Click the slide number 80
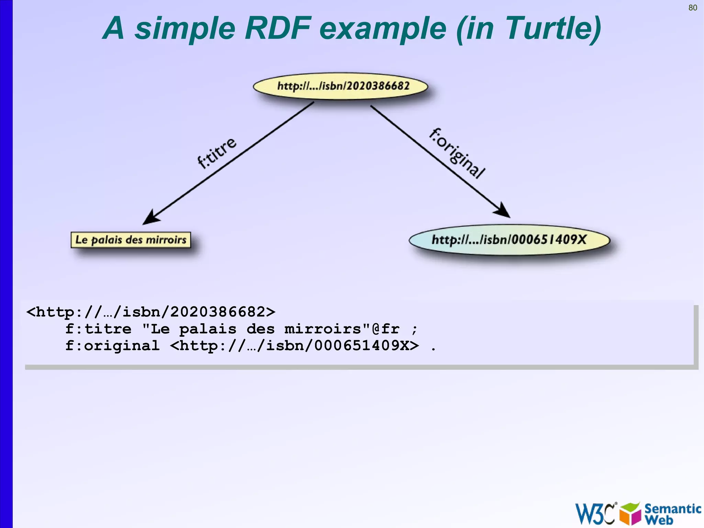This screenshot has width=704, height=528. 692,8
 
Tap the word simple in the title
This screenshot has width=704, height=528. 185,29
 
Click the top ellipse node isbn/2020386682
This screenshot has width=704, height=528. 340,86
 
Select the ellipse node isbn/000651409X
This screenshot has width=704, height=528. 509,240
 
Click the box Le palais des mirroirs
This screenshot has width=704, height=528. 131,240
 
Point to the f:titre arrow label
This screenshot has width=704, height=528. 217,153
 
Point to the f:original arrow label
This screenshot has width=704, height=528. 457,153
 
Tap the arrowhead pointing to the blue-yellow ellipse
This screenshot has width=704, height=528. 503,210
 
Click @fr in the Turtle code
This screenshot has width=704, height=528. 385,329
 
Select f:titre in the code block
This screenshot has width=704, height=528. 98,329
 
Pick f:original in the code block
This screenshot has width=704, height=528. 112,346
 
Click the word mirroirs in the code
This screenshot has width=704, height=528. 322,329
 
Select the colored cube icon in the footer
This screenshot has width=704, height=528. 630,514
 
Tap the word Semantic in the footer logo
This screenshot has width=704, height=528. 672,508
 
